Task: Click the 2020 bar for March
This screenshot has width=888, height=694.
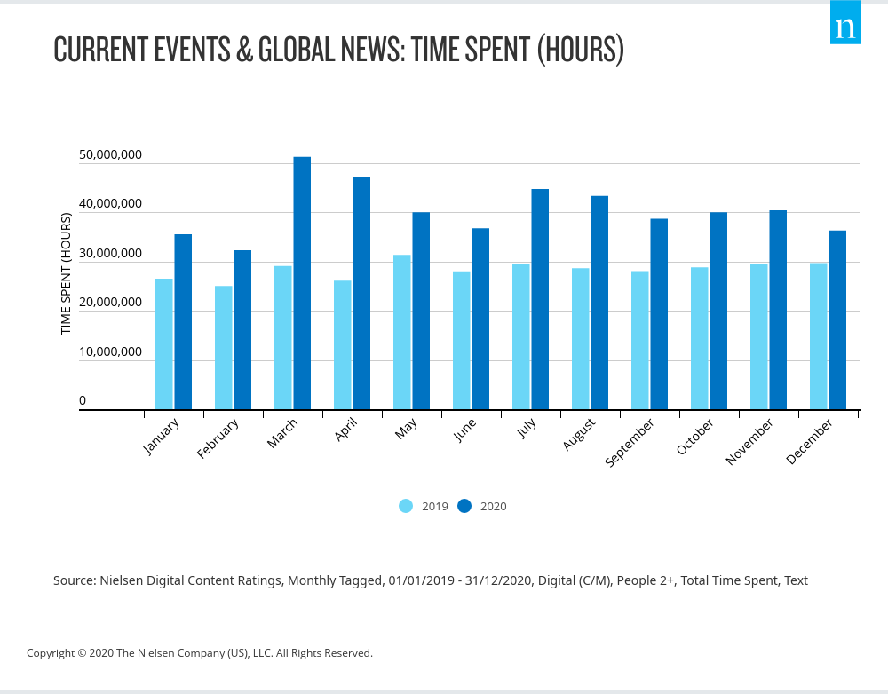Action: click(302, 283)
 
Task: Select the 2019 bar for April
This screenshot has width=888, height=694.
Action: click(342, 345)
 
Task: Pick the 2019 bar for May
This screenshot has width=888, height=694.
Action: click(401, 332)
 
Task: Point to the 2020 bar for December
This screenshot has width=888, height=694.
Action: click(837, 320)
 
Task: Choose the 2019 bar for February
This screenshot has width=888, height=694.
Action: click(223, 348)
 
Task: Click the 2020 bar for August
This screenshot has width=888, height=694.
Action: click(599, 303)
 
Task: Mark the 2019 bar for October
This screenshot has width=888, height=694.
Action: click(700, 338)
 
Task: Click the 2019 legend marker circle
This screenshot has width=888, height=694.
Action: click(406, 506)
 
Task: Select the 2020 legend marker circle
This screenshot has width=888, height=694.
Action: click(464, 506)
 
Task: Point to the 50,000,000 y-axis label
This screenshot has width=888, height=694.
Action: click(110, 155)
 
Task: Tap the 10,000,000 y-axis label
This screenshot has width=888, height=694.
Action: click(110, 351)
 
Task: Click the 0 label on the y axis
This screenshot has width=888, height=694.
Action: click(83, 400)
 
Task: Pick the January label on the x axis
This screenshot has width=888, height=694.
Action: click(161, 437)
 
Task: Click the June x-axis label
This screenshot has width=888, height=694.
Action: click(464, 430)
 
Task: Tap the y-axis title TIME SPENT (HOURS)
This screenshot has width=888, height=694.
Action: click(66, 274)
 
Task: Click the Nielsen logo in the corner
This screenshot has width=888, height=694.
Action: click(845, 25)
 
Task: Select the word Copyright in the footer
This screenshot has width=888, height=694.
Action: click(52, 653)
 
